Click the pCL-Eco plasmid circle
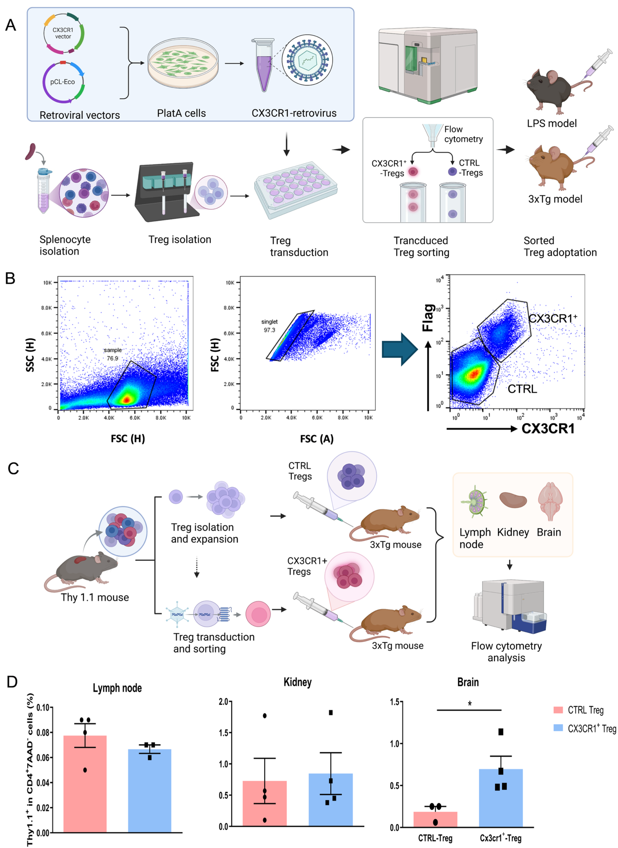pyautogui.click(x=63, y=82)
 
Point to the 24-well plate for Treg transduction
pyautogui.click(x=296, y=189)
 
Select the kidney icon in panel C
pyautogui.click(x=513, y=500)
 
